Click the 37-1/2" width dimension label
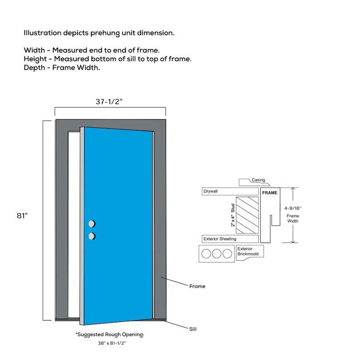tap(109, 102)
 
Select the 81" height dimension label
tap(23, 216)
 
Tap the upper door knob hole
tap(92, 224)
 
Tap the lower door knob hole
tap(92, 235)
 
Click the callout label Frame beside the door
tap(197, 286)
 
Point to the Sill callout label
tap(193, 329)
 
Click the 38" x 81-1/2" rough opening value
tap(112, 343)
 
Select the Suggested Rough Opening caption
tap(110, 334)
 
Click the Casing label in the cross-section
tap(258, 180)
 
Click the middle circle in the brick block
tap(217, 254)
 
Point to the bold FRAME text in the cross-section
tap(270, 193)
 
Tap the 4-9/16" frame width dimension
tap(293, 208)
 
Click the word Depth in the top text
tap(34, 67)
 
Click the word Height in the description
tap(35, 59)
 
